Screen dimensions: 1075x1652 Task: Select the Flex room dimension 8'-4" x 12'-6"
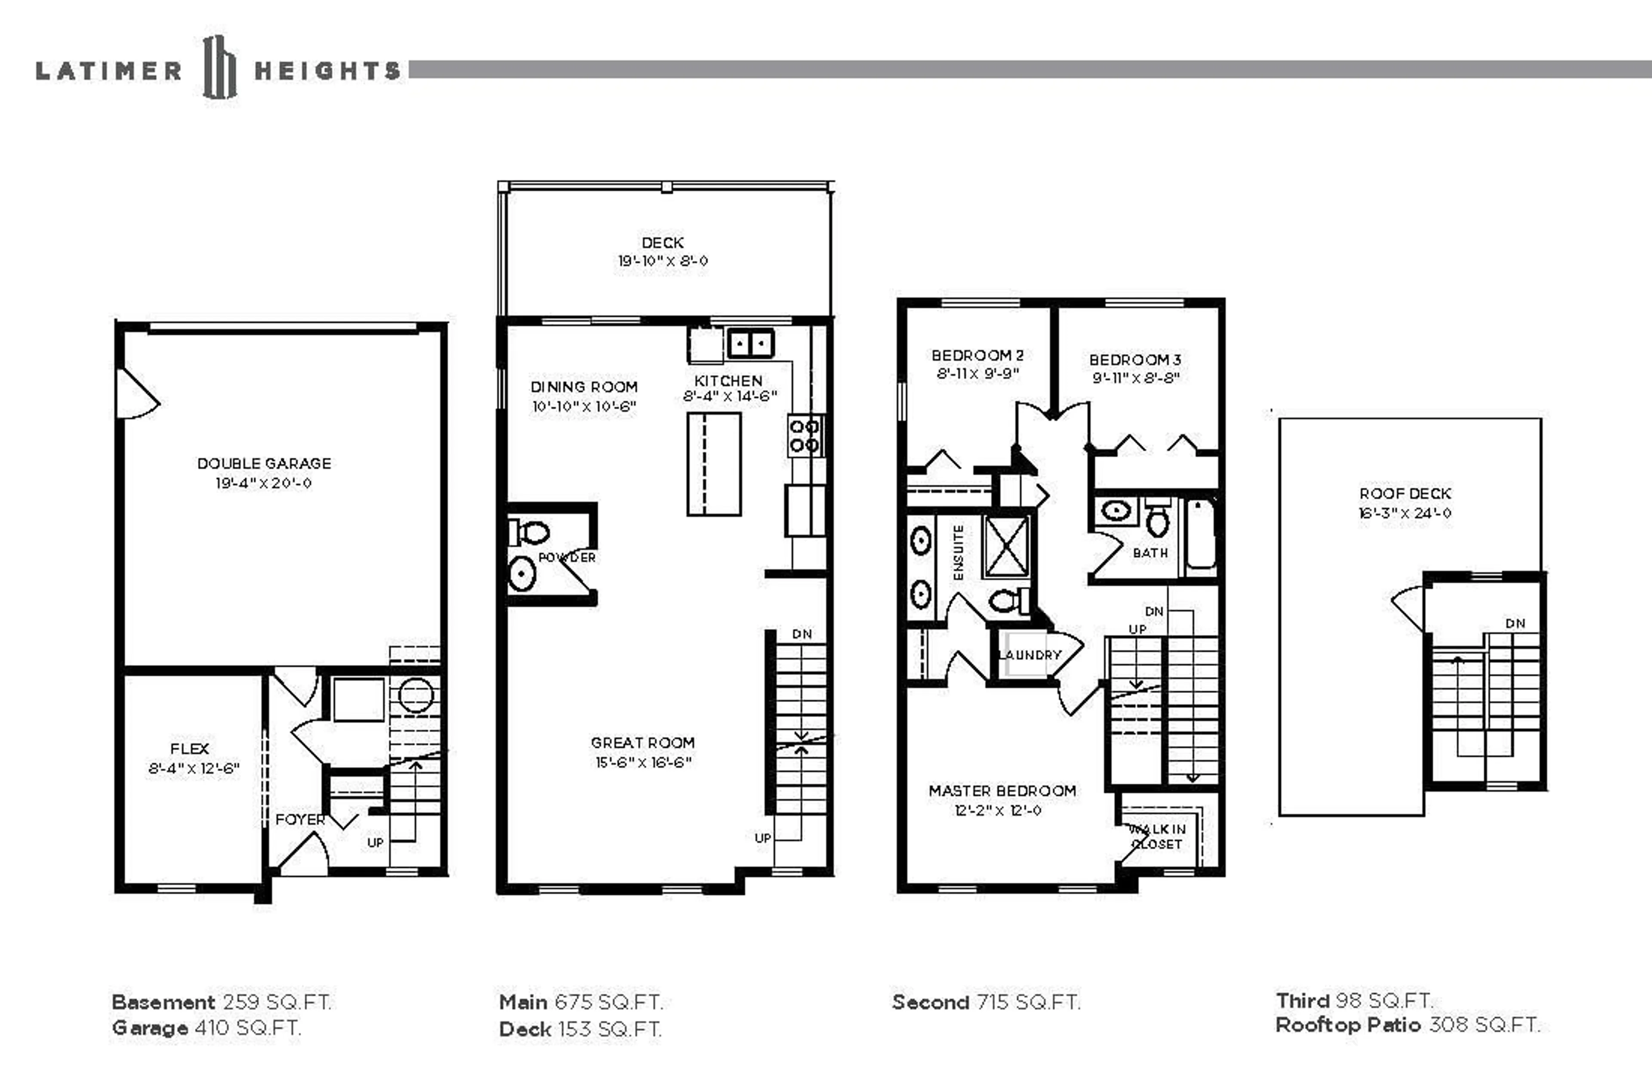pyautogui.click(x=194, y=768)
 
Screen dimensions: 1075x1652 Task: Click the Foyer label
pyautogui.click(x=300, y=819)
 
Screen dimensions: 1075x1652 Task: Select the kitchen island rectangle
pyautogui.click(x=714, y=464)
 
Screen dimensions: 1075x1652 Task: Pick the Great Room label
pyautogui.click(x=643, y=742)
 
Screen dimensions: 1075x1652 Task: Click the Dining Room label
pyautogui.click(x=584, y=387)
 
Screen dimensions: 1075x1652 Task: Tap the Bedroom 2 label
pyautogui.click(x=977, y=355)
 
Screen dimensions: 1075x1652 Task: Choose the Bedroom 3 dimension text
pyautogui.click(x=1136, y=378)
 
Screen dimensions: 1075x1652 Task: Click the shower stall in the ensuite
pyautogui.click(x=1006, y=546)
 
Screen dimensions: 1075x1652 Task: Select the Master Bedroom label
pyautogui.click(x=1002, y=791)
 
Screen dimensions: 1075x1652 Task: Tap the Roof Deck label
pyautogui.click(x=1405, y=493)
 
